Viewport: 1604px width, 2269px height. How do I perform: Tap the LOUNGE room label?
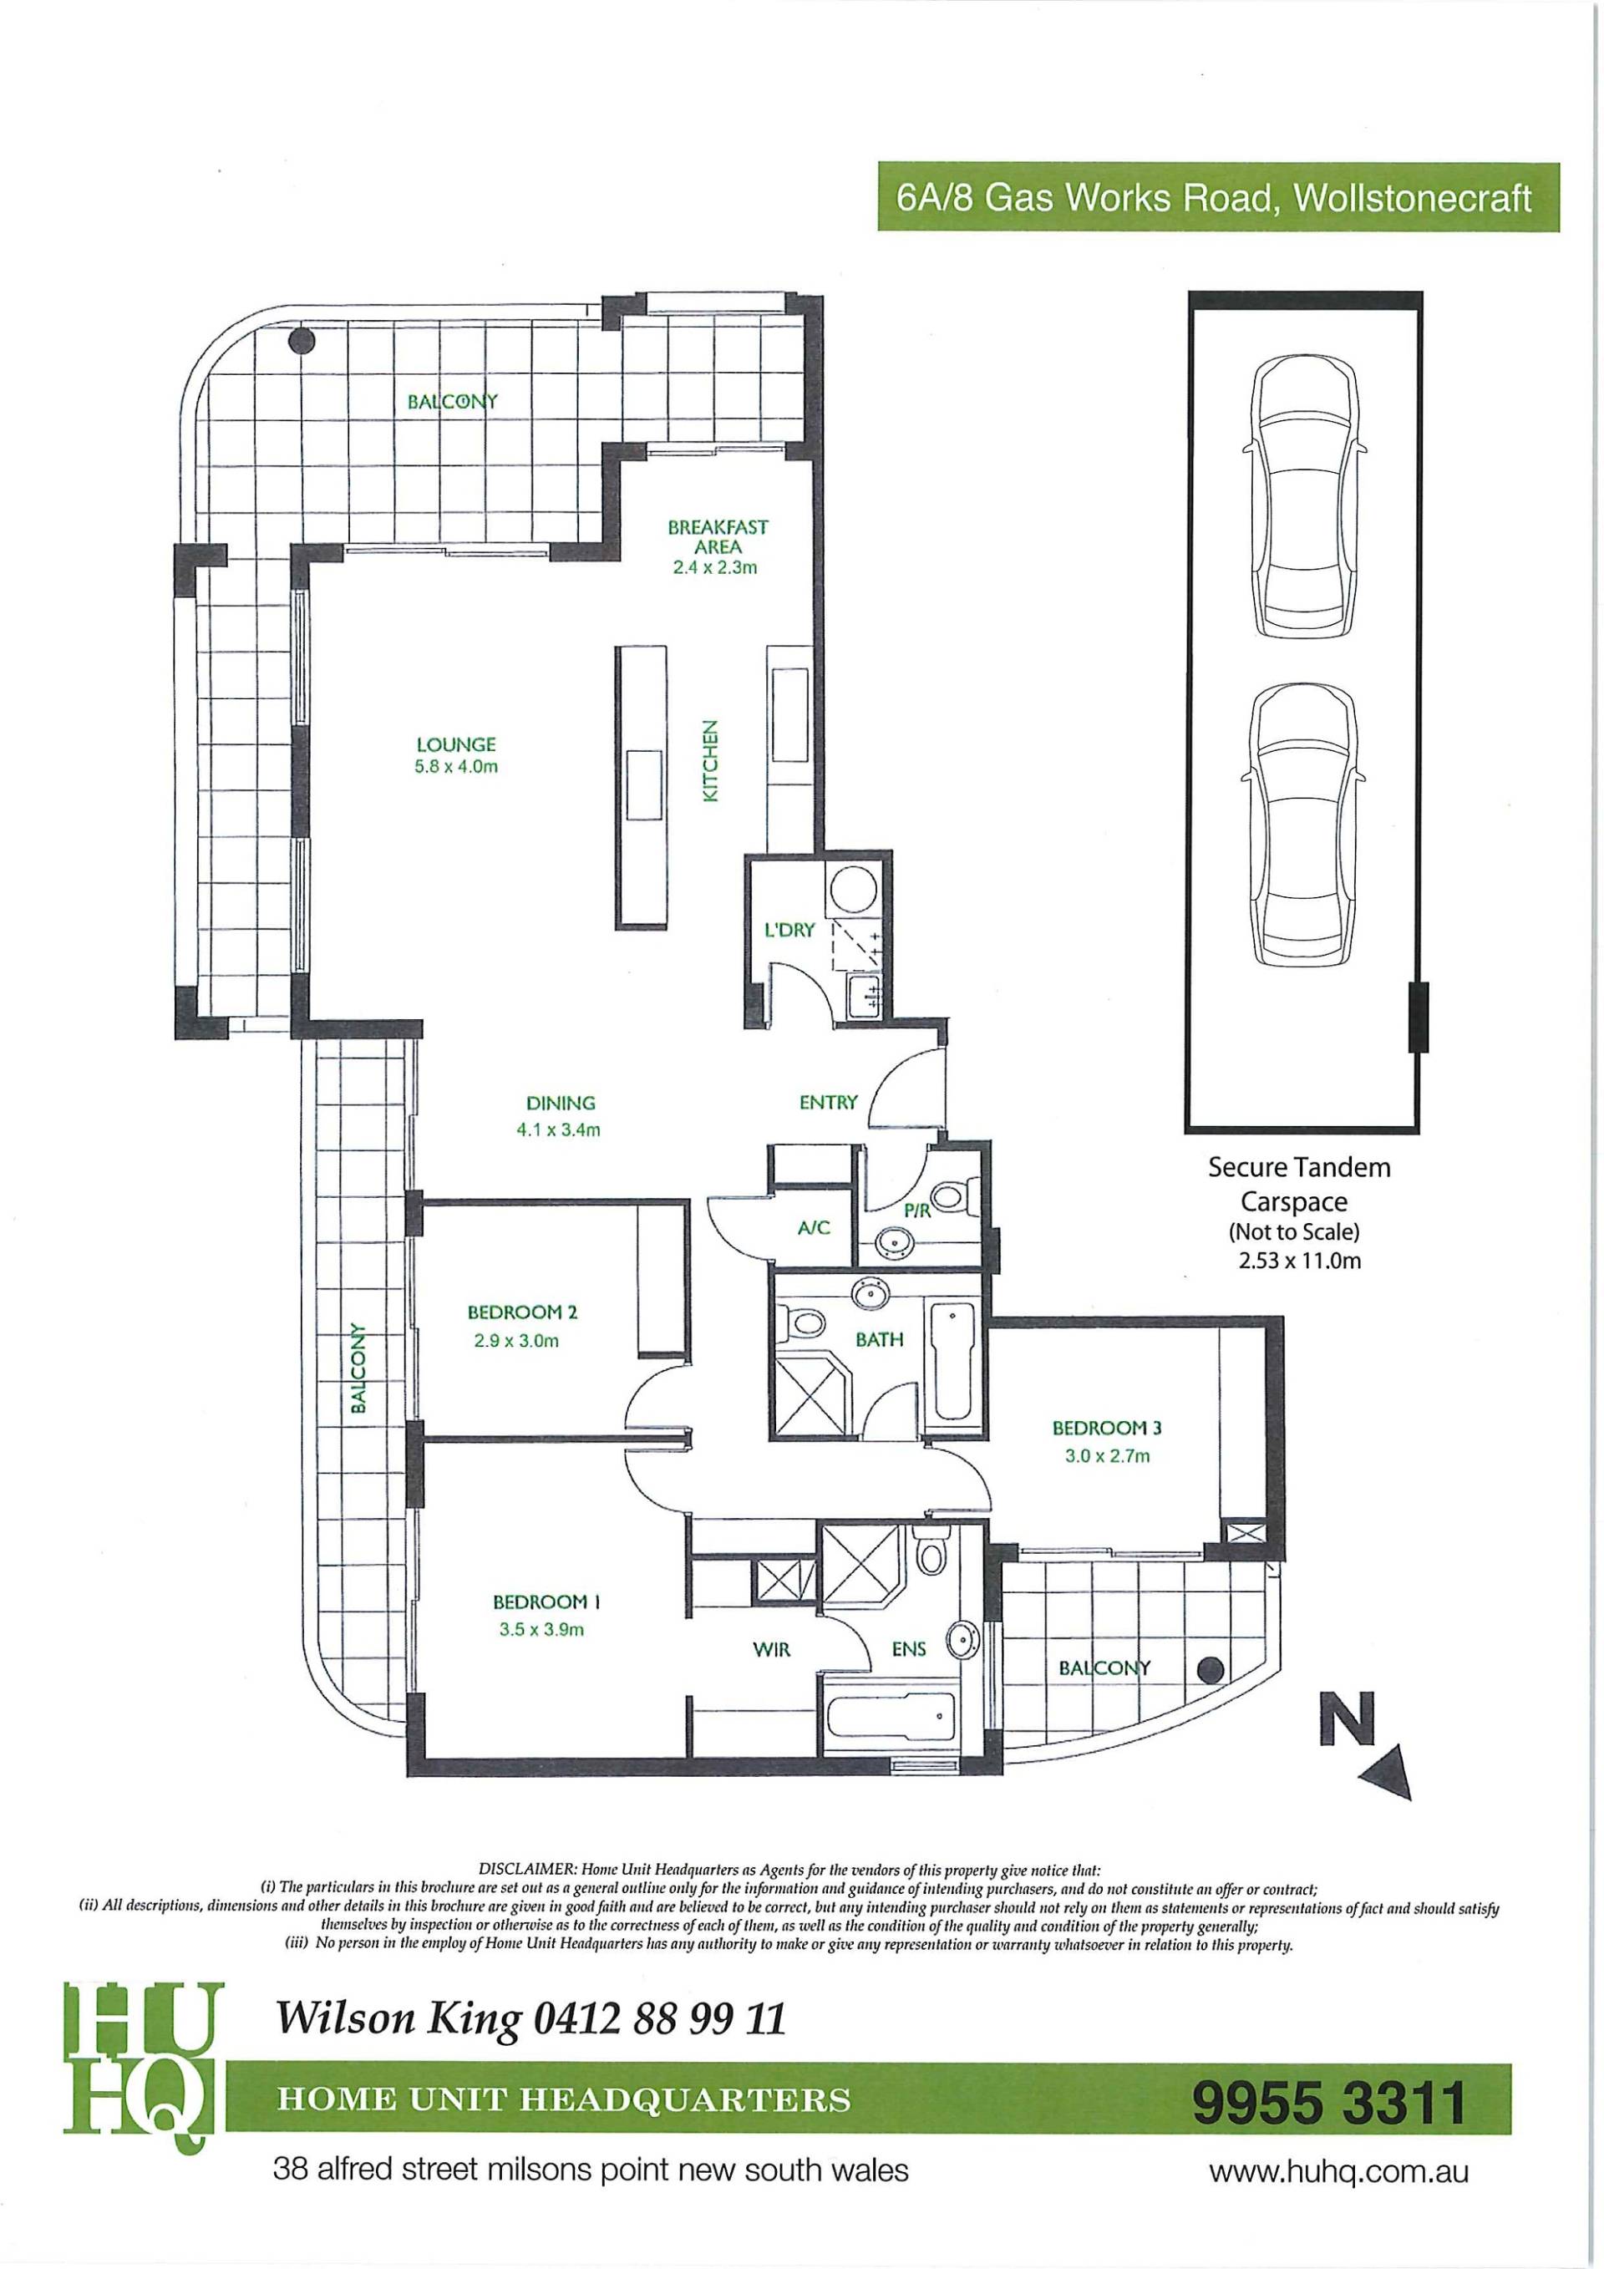[x=455, y=745]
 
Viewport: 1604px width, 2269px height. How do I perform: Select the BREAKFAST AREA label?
[x=718, y=536]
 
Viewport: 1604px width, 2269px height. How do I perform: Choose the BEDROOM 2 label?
[x=522, y=1312]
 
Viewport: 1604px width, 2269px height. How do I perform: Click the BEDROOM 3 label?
[x=1107, y=1427]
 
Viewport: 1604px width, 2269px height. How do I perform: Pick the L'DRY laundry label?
[x=789, y=930]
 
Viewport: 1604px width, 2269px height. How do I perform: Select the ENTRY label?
[x=828, y=1102]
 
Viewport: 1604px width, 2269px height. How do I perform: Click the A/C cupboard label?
[x=814, y=1228]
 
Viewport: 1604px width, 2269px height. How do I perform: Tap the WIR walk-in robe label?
[x=772, y=1649]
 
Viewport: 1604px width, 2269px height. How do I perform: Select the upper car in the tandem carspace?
[x=1303, y=497]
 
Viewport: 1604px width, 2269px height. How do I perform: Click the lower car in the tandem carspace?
[x=1303, y=826]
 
